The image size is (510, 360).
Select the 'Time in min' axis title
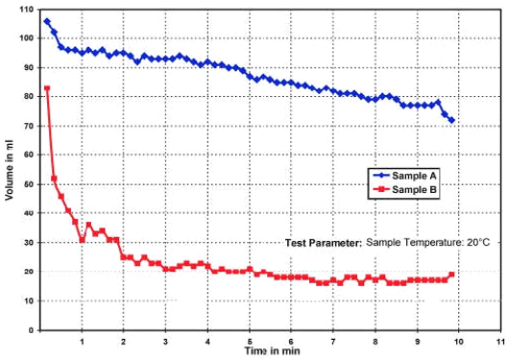[x=270, y=352]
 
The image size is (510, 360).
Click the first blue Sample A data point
[x=47, y=21]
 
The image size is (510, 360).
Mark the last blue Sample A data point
[x=451, y=120]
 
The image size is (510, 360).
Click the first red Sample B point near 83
[x=47, y=88]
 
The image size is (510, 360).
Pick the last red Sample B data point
[x=451, y=275]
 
